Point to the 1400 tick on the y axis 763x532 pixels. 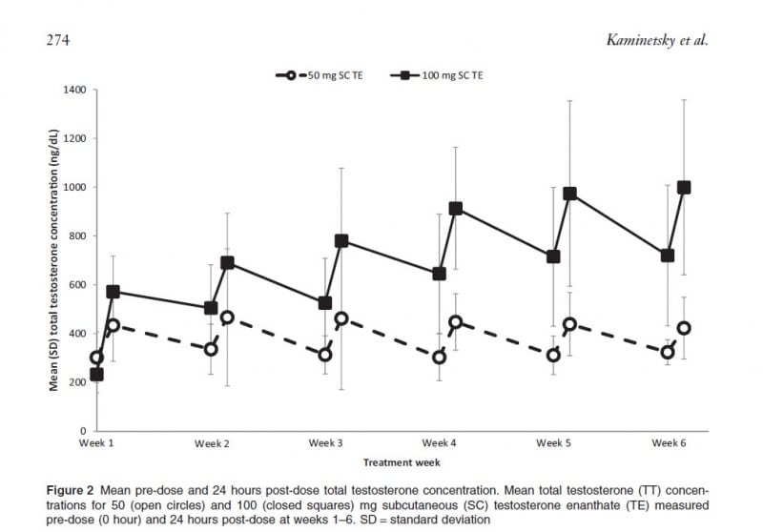pos(73,91)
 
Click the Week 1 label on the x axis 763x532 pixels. pos(95,443)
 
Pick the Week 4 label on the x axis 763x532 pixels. pos(440,443)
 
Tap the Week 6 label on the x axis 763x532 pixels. pos(670,443)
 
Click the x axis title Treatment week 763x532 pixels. pos(401,462)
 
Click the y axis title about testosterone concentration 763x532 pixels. pos(54,259)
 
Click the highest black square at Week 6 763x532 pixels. pos(684,188)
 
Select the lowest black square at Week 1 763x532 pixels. pos(97,375)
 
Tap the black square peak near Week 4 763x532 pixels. pos(455,209)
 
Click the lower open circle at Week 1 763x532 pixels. pos(97,358)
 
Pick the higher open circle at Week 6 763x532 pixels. pos(684,328)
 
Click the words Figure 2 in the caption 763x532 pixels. pos(72,490)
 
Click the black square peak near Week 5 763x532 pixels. pos(570,194)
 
